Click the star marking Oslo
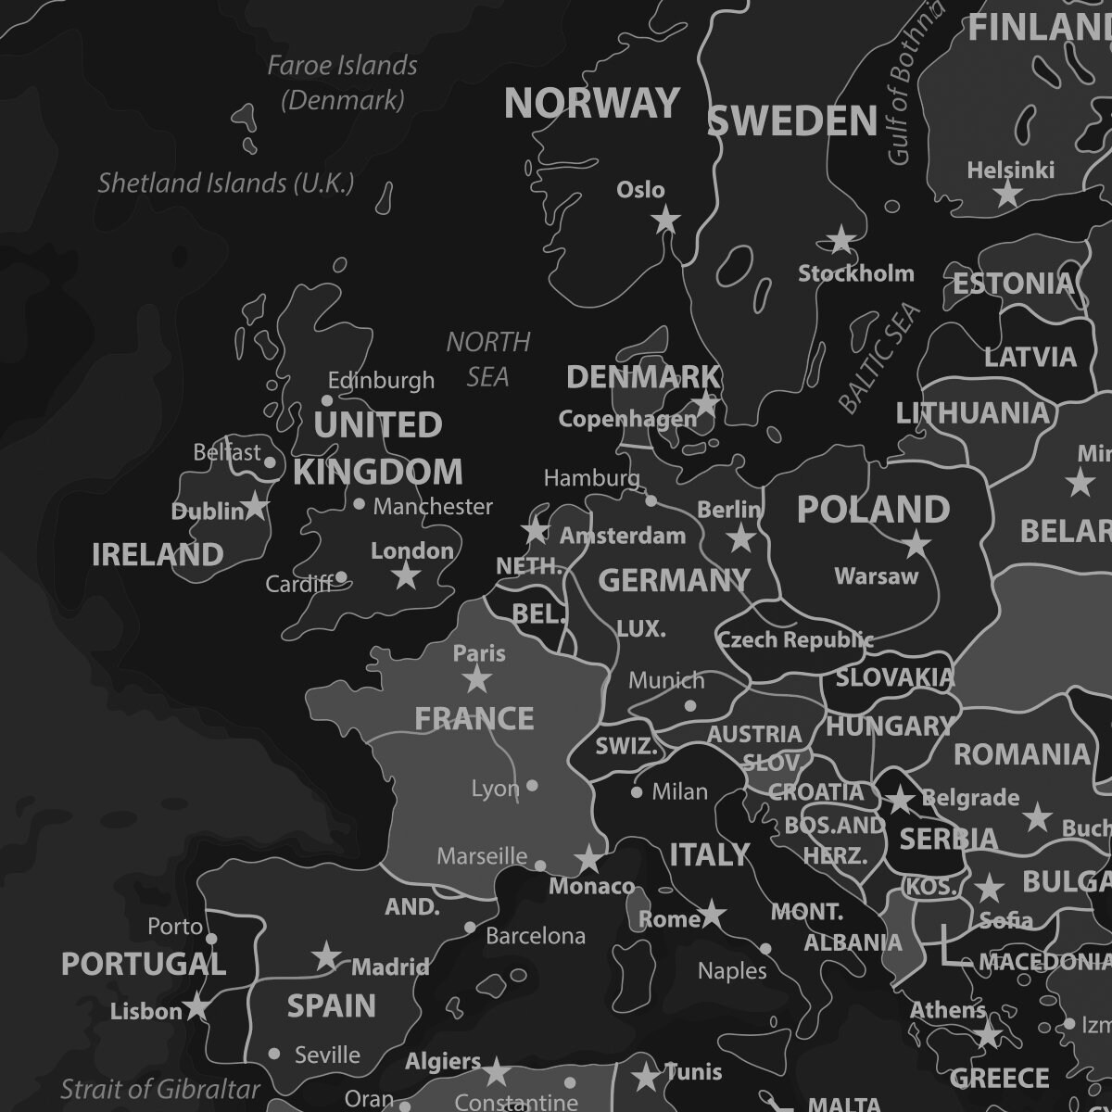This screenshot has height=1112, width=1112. click(665, 221)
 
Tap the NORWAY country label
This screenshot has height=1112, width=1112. click(592, 103)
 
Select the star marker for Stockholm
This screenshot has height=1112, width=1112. click(840, 239)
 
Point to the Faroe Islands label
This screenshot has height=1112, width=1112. click(343, 82)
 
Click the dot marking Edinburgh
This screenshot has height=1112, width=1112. click(327, 400)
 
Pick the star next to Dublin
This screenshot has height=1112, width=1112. click(255, 506)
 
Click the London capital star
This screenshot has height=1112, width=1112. click(406, 575)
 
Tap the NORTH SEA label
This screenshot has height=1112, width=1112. click(487, 360)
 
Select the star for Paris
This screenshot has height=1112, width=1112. click(477, 679)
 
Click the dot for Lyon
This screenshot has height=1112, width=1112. click(532, 786)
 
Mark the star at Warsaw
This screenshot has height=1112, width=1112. click(916, 544)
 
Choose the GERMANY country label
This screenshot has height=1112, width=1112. click(674, 581)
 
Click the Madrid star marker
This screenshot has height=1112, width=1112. click(326, 956)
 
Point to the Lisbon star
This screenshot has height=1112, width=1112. click(196, 1006)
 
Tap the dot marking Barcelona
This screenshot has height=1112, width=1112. click(470, 928)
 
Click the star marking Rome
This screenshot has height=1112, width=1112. click(712, 914)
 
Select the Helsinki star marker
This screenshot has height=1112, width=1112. click(1007, 194)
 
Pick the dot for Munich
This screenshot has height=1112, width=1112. click(689, 705)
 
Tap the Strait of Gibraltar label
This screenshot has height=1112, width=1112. click(160, 1089)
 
